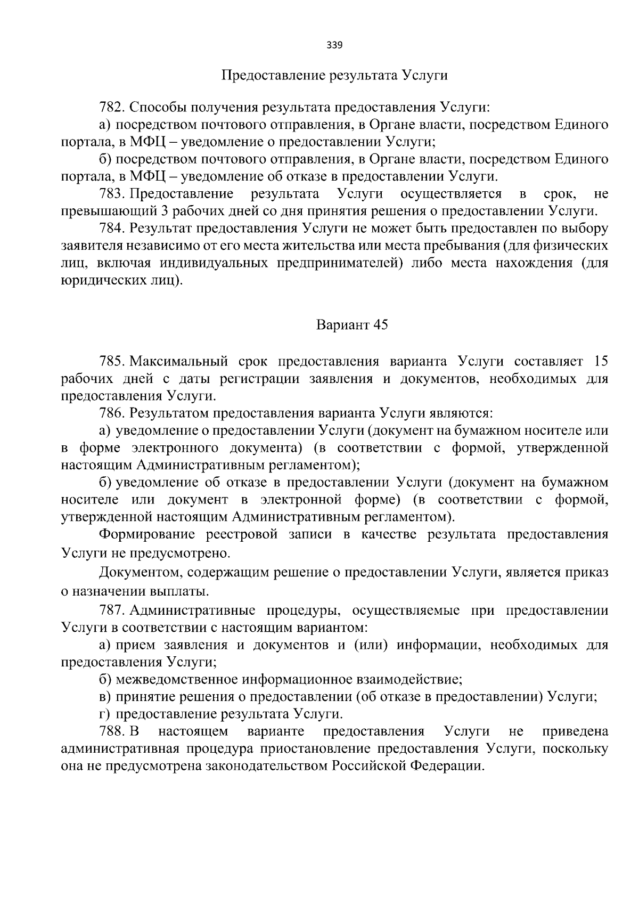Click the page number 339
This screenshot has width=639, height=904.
(x=334, y=45)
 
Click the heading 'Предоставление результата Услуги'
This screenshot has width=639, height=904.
(x=334, y=75)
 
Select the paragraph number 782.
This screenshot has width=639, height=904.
(x=111, y=107)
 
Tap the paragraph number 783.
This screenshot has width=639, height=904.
(x=111, y=193)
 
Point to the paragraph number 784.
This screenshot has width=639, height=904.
(x=111, y=228)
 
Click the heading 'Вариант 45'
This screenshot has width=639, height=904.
(x=352, y=324)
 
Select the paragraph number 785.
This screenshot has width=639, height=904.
(x=111, y=362)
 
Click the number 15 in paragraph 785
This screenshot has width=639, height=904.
(x=600, y=362)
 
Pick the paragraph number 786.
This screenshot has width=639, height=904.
(x=111, y=413)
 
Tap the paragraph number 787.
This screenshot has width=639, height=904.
(x=111, y=610)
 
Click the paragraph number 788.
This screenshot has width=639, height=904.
(x=111, y=731)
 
